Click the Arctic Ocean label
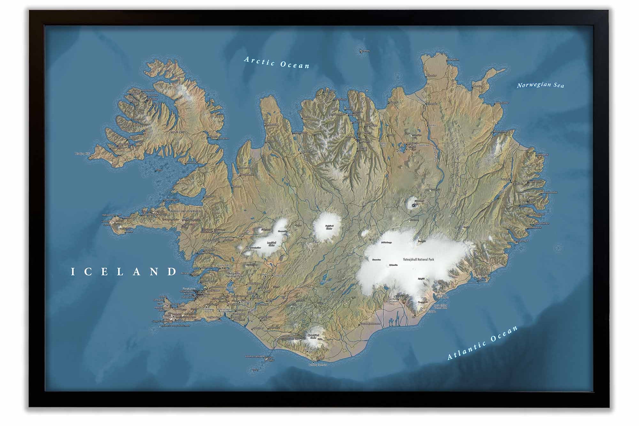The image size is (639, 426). click(x=277, y=62)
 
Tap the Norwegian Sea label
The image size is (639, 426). click(x=541, y=85)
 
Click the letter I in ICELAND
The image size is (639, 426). click(x=73, y=272)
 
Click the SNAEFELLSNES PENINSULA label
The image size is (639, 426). click(x=185, y=211)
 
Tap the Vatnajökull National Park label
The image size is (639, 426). click(x=418, y=259)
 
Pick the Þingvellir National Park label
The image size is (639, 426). click(x=235, y=275)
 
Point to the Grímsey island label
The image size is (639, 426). click(x=365, y=51)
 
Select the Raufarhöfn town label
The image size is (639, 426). click(x=453, y=59)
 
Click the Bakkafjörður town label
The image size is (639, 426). click(x=501, y=103)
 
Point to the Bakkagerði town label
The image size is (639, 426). click(x=542, y=154)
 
